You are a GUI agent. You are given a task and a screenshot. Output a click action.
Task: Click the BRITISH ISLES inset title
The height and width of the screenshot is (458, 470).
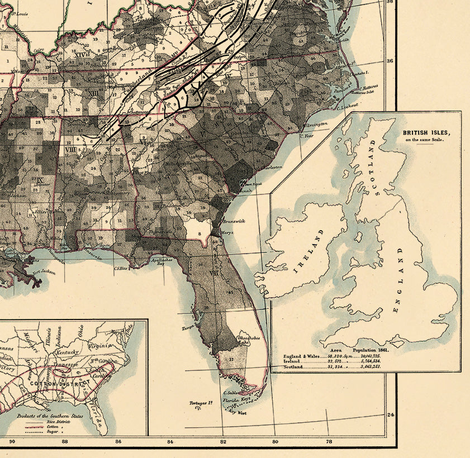426,133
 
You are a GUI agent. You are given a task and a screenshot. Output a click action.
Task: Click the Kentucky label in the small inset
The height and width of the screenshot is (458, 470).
67,354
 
